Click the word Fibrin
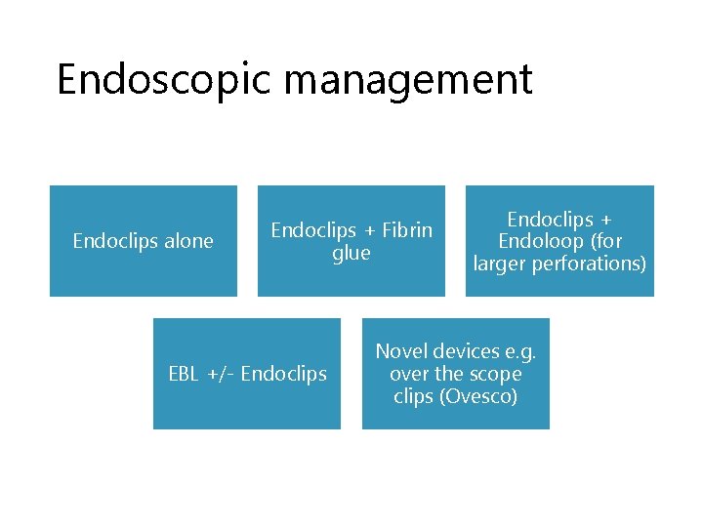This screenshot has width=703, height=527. [407, 230]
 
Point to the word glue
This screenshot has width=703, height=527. [351, 253]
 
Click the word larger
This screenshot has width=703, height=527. [500, 263]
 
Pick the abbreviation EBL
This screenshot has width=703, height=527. [184, 374]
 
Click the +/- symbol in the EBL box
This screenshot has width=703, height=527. [219, 374]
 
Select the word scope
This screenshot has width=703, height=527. [496, 374]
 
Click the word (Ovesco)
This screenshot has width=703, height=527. [479, 396]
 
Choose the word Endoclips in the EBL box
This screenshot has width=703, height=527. [283, 374]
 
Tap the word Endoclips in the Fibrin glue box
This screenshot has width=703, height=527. [314, 230]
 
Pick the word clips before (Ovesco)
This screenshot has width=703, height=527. [414, 396]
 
